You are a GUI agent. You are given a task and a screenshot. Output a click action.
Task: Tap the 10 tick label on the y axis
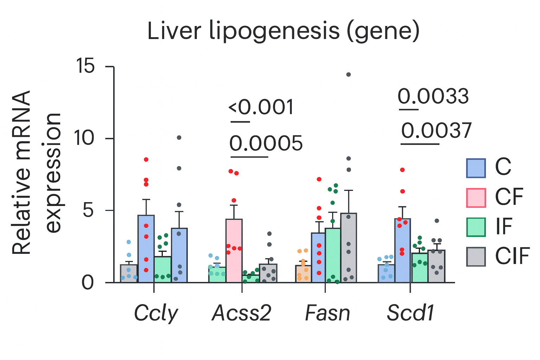(x=85, y=138)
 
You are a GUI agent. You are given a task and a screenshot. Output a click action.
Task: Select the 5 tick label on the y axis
(x=89, y=210)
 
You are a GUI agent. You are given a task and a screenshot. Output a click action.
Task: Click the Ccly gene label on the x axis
(x=156, y=313)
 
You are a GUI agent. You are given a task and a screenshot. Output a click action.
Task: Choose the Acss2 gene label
(x=242, y=313)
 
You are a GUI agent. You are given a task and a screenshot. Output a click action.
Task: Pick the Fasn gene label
(x=328, y=313)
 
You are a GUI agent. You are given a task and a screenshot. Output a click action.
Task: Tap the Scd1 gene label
(x=410, y=313)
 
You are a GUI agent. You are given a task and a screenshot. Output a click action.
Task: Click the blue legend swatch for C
(x=476, y=168)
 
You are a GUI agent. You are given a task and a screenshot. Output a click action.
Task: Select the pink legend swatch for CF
(x=476, y=198)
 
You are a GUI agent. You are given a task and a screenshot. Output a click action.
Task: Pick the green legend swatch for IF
(x=476, y=227)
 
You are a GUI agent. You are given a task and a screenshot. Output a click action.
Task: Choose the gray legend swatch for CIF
(x=476, y=257)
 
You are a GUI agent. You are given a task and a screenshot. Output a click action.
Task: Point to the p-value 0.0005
(x=266, y=143)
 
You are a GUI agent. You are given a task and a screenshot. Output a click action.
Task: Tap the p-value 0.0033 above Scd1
(x=433, y=96)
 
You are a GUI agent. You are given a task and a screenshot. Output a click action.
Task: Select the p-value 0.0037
(x=436, y=131)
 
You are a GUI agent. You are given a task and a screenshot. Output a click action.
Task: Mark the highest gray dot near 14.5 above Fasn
(x=348, y=75)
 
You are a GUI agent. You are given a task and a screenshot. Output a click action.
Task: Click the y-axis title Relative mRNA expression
(x=37, y=172)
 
